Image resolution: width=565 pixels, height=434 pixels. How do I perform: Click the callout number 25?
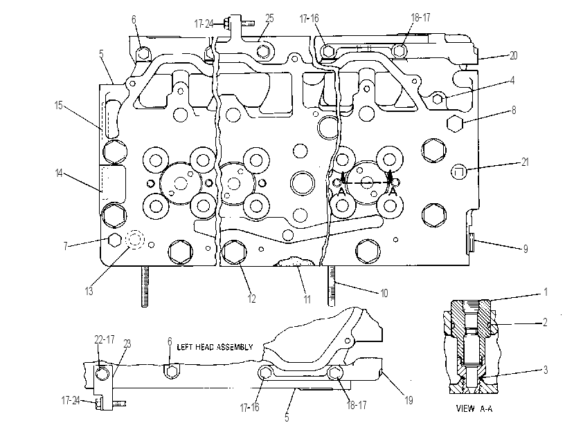[x=269, y=19]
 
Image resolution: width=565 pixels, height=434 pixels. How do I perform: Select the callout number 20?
[x=513, y=55]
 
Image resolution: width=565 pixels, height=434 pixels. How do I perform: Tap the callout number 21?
[x=525, y=162]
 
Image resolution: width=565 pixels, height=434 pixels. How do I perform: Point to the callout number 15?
[x=58, y=106]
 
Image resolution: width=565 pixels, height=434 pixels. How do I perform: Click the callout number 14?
[x=59, y=173]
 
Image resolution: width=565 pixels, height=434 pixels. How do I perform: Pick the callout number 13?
[x=89, y=291]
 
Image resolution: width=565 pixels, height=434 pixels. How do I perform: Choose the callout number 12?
[x=251, y=299]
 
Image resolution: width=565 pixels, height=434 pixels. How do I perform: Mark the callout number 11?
[x=307, y=299]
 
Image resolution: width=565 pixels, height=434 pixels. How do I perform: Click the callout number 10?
[x=384, y=294]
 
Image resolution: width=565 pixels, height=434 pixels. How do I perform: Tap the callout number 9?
[x=526, y=249]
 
